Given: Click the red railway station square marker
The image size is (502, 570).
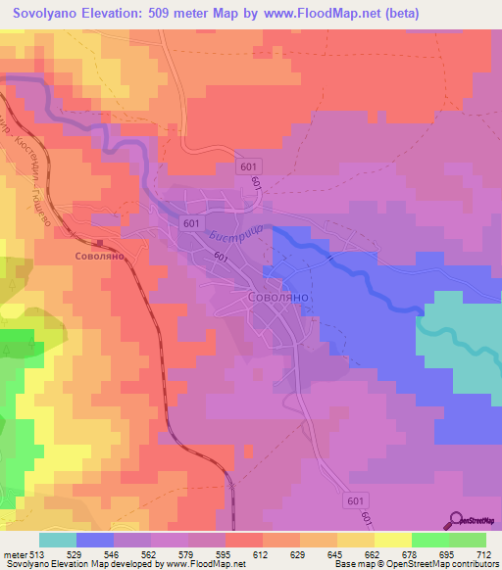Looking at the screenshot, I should [99, 244].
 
